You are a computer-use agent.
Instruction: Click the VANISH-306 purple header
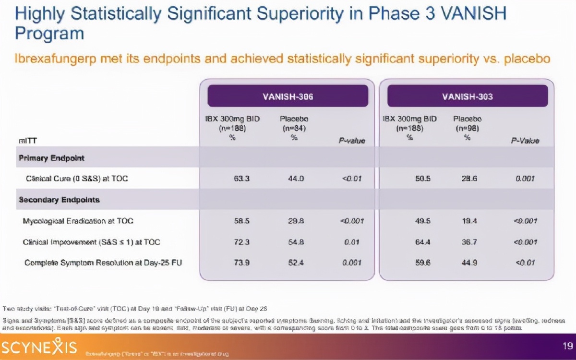point(288,96)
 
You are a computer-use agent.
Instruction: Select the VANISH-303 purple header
point(467,96)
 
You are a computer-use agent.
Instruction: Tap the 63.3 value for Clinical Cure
point(241,179)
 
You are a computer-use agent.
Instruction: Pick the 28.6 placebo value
point(470,179)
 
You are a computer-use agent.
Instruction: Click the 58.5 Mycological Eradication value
point(241,221)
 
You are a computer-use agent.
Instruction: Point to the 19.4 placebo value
point(470,221)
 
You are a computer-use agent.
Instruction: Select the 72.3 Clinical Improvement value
point(241,242)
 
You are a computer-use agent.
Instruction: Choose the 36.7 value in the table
point(469,242)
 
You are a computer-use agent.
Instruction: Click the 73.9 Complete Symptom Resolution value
point(241,263)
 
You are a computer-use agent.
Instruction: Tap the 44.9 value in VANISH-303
point(469,263)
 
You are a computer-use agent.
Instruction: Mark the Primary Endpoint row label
point(51,158)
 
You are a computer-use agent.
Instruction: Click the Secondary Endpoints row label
point(59,199)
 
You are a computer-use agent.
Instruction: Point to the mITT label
point(28,141)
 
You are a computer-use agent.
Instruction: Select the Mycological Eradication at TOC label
point(78,221)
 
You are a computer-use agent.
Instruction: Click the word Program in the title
point(49,34)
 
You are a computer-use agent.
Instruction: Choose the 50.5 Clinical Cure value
point(422,179)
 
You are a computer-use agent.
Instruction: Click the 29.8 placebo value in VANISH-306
point(296,221)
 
